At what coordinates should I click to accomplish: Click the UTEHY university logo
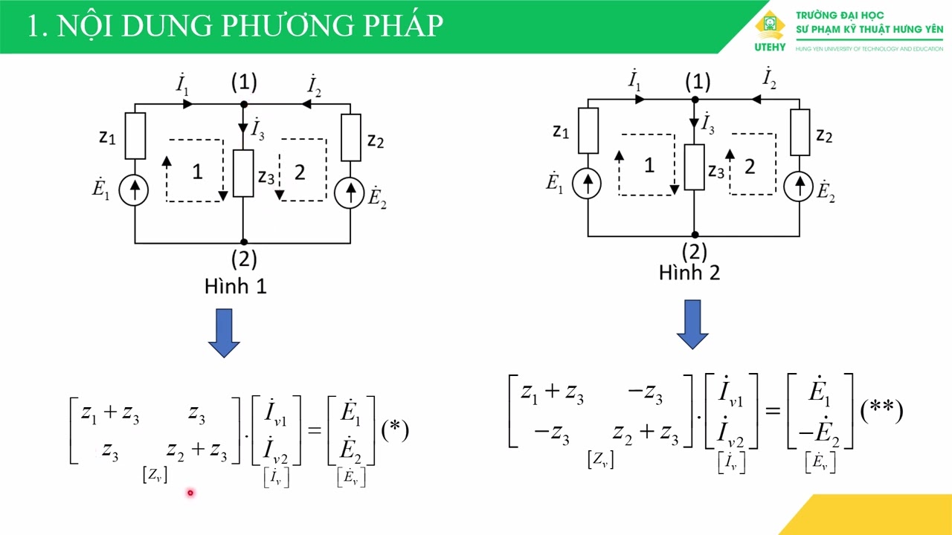coord(770,30)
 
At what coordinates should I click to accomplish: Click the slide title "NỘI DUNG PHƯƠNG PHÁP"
coord(235,25)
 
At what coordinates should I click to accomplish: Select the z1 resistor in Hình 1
coord(135,135)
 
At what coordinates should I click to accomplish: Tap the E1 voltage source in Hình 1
coord(135,191)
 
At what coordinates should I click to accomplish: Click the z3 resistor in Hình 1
coord(243,173)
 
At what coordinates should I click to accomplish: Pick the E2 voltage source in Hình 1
coord(350,193)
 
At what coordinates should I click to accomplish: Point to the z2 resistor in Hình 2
coord(800,132)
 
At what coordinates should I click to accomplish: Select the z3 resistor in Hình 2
coord(694,167)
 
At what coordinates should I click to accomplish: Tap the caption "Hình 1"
coord(235,287)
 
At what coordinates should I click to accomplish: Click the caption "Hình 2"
coord(689,273)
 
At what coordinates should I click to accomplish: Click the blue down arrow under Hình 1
coord(224,333)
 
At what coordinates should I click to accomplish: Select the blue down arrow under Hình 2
coord(692,324)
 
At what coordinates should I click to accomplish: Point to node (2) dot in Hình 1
coord(244,242)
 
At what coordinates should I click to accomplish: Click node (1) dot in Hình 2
coord(695,99)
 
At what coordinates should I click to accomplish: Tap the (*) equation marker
coord(394,430)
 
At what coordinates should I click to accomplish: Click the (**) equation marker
coord(881,411)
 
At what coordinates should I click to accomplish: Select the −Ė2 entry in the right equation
coord(819,433)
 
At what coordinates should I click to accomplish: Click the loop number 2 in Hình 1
coord(300,172)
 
